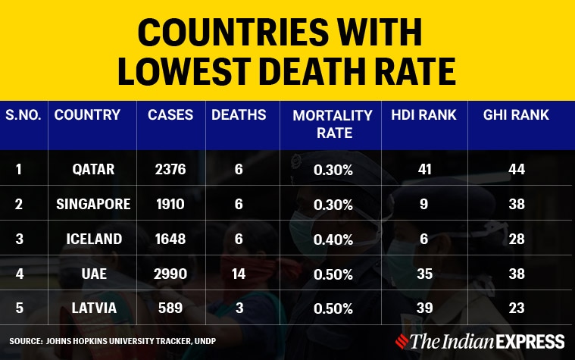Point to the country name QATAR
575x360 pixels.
tap(93, 170)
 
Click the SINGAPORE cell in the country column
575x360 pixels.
tap(92, 204)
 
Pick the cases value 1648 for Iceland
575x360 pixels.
tap(164, 239)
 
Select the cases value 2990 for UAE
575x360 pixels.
tap(164, 273)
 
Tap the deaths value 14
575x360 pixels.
tap(238, 273)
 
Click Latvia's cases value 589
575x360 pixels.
tap(164, 308)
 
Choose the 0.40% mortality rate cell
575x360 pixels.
tap(333, 239)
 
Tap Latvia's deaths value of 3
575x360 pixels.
tap(238, 308)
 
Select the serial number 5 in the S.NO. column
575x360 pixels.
tap(18, 308)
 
